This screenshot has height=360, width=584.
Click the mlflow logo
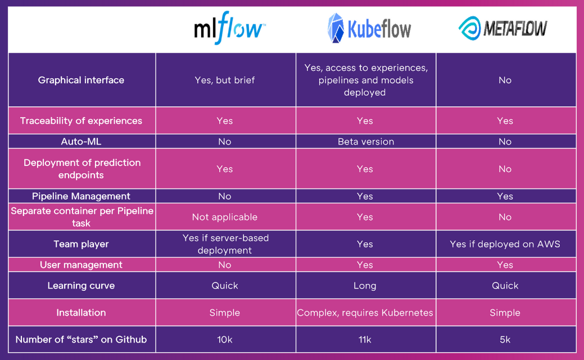pos(229,28)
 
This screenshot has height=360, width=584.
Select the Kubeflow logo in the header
pos(369,28)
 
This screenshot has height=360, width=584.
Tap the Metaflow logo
pos(503,28)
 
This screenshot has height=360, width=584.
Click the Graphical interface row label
pos(81,80)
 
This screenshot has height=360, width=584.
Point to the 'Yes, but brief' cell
pos(225,80)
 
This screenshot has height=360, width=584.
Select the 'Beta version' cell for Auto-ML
pos(366,142)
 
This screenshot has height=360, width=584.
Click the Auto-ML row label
pos(81,142)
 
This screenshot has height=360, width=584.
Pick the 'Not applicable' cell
pos(225,217)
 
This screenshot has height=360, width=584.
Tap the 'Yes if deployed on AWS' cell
pos(505,244)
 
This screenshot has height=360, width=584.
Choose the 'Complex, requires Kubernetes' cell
pos(365,313)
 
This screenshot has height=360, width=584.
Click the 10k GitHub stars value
pos(225,340)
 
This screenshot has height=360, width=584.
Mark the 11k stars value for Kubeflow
pos(365,340)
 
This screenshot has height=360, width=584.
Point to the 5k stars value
pos(505,340)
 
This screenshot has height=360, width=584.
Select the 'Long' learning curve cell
pos(365,285)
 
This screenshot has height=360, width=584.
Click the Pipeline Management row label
pos(81,196)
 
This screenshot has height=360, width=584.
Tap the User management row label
pos(81,264)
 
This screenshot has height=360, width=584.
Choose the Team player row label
pos(81,244)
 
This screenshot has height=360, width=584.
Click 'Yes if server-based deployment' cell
pos(225,244)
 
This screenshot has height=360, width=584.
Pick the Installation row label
pos(81,313)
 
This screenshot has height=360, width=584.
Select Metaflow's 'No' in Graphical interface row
pos(505,80)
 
